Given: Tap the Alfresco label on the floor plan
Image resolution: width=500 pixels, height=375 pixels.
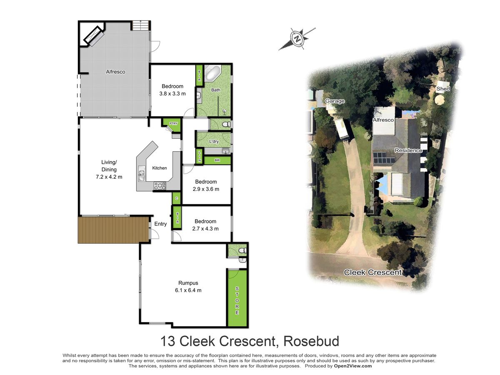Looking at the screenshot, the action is pos(115,72).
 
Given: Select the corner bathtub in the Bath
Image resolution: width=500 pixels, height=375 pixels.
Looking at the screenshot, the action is pos(212,73).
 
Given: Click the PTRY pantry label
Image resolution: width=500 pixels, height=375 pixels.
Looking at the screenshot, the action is pos(174,123).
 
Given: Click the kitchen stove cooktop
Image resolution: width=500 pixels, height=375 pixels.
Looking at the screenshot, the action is pos(160,186).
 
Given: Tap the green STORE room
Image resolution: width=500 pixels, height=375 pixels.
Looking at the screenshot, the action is pos(237,298).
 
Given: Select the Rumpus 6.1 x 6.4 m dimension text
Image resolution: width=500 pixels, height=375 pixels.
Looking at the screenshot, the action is pos(188,290).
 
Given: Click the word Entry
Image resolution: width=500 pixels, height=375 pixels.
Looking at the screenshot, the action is pos(160,224).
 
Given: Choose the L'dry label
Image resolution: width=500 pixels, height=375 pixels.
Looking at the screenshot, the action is pos(214,141).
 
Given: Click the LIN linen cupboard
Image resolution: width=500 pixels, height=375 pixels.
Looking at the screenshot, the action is pos(200,156).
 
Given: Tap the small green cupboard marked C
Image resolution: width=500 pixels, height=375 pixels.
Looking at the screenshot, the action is pos(177,198).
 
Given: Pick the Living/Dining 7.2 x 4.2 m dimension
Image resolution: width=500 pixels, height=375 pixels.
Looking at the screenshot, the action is pos(109,177).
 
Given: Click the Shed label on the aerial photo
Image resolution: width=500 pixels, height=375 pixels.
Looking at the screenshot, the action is pos(443,89).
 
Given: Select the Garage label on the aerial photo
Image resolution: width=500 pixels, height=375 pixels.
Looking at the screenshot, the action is pos(335,101).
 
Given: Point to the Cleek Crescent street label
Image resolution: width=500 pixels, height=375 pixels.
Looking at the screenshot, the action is pos(372,272).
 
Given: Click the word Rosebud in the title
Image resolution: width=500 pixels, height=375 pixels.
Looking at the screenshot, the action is pos(311,341).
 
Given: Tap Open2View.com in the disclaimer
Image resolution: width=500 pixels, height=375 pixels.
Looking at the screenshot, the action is pos(353,366).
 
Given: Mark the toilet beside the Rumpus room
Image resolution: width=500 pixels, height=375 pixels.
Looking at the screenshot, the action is pos(242,251).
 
